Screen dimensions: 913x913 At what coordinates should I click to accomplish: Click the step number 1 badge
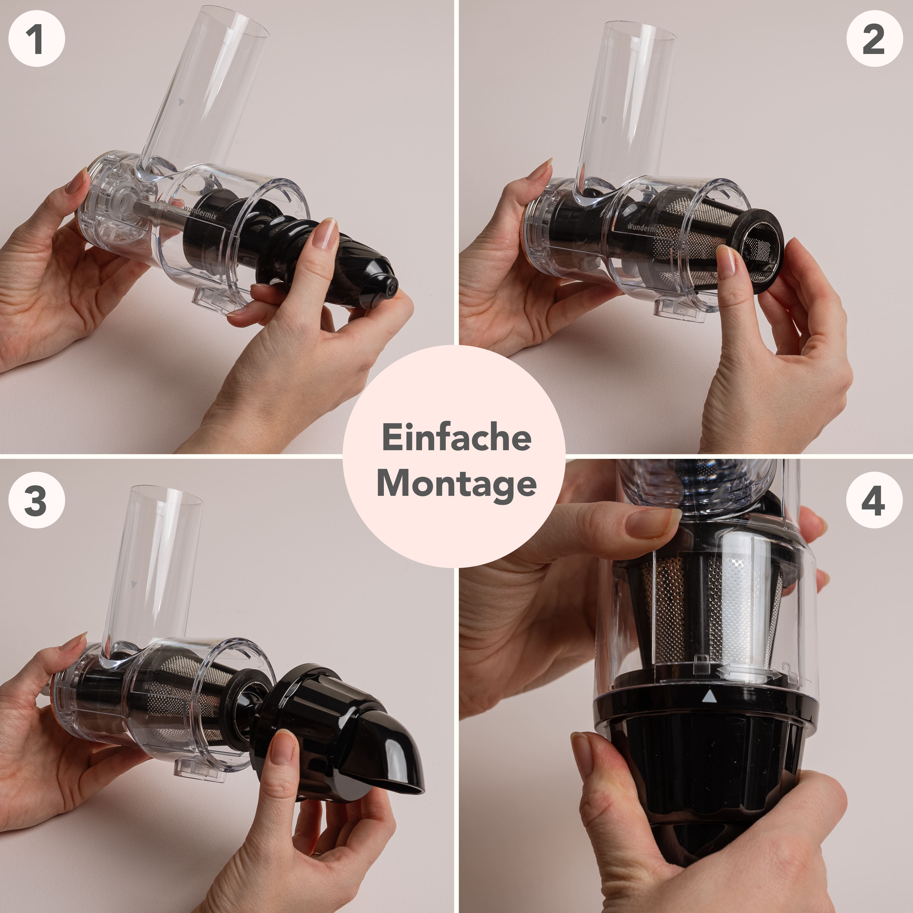[36, 39]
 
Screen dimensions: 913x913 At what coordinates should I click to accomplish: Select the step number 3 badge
[36, 500]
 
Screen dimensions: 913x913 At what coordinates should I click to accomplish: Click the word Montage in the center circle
[456, 484]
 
